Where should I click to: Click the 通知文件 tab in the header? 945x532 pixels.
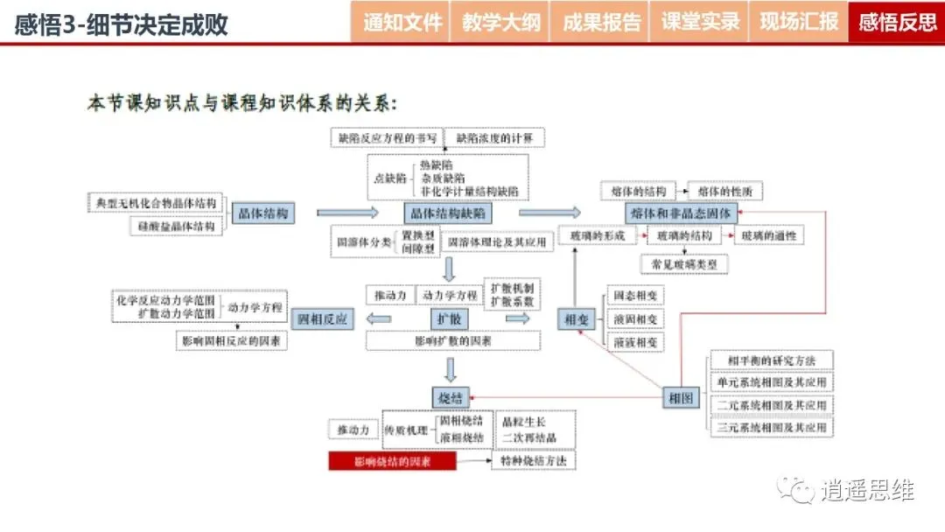coord(402,22)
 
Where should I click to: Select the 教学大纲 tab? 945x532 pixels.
coord(500,22)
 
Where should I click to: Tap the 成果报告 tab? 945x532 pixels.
coord(600,22)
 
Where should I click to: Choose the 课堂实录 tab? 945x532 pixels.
coord(699,22)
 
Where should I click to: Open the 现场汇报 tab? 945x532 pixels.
coord(798,22)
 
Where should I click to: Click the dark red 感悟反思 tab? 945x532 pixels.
coord(898,22)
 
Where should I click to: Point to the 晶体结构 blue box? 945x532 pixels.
coord(262,213)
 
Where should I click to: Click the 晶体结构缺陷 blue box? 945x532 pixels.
coord(447,213)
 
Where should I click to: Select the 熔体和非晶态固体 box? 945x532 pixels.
coord(682,213)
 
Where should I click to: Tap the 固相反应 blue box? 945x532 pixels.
coord(324,319)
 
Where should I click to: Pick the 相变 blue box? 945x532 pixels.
coord(577,319)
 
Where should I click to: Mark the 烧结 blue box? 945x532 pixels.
coord(450,397)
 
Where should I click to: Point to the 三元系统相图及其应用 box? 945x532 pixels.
coord(771,428)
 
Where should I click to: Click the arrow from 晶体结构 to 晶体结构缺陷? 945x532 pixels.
coord(347,213)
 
